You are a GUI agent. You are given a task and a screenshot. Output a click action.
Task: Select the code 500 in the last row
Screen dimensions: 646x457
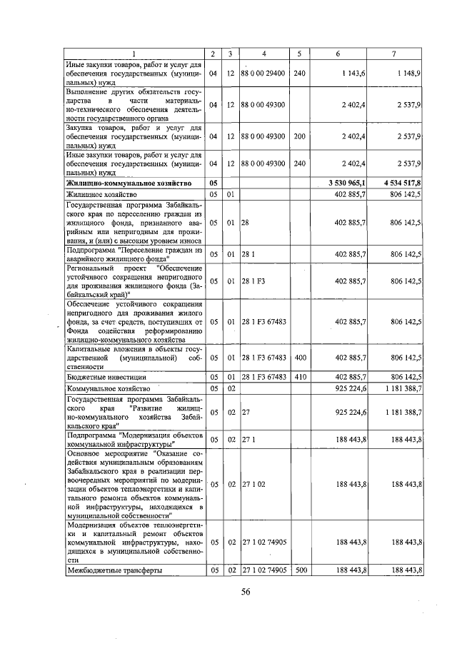(300, 570)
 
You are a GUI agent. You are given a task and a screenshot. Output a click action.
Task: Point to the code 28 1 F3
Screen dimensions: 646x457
(254, 282)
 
